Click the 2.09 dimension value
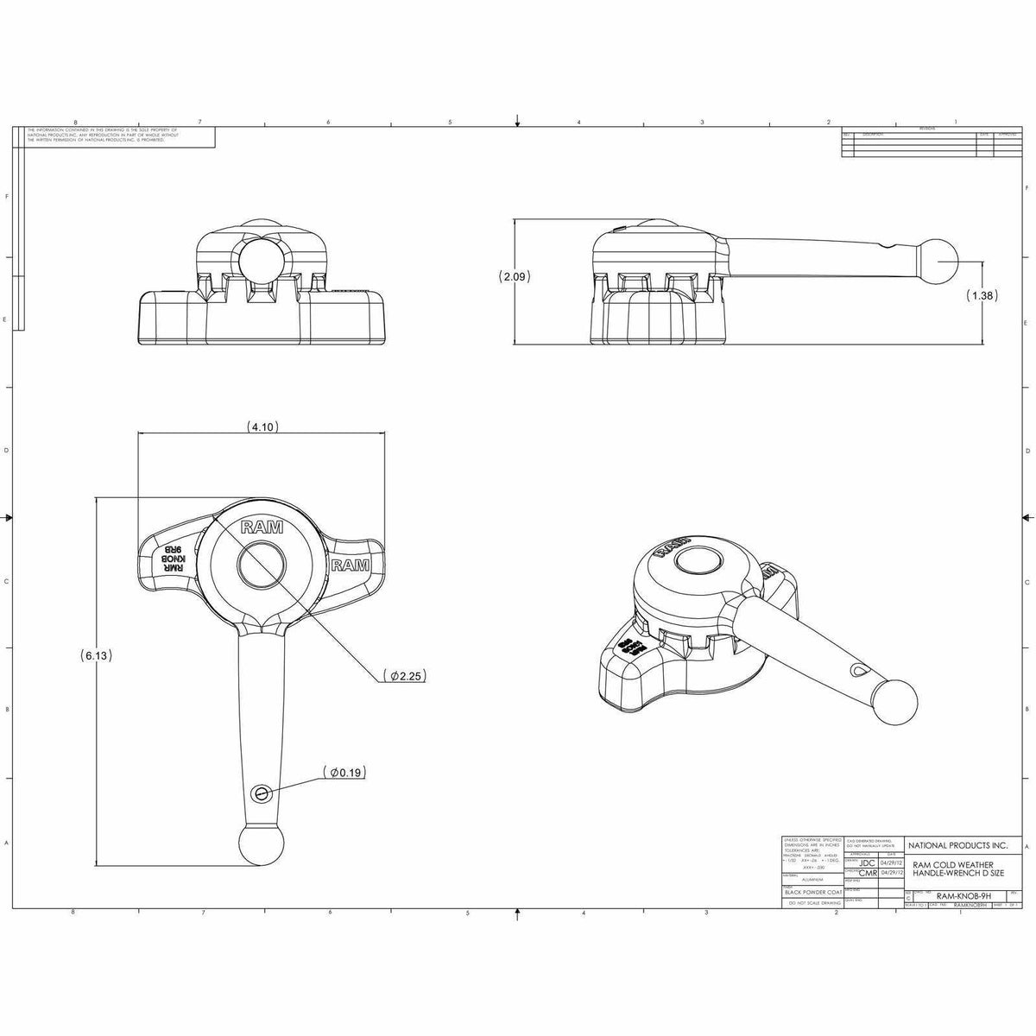pos(515,277)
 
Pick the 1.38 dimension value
pos(983,295)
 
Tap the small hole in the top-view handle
pos(262,793)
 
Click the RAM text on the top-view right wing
pos(351,565)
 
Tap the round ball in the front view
pos(260,258)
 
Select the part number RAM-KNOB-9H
pos(963,896)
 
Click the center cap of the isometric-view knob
pos(698,562)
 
